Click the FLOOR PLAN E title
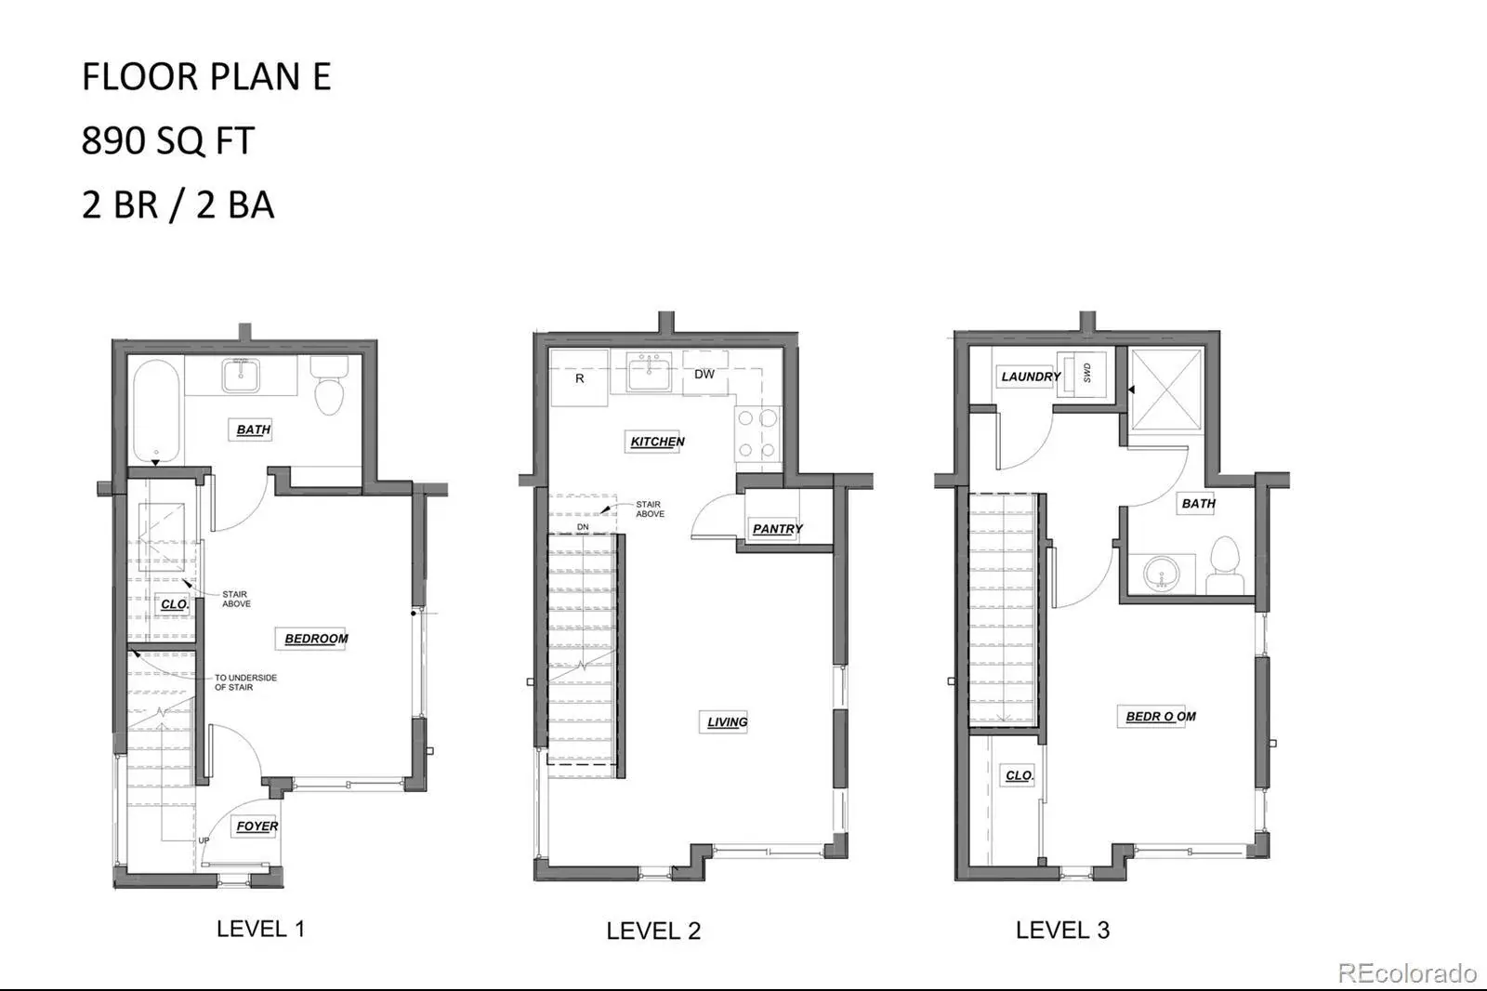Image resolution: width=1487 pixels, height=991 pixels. tap(206, 76)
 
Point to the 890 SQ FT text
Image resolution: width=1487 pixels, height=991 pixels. tap(168, 140)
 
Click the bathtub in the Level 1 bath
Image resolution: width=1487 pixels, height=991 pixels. tap(157, 411)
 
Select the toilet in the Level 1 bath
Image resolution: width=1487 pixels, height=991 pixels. tap(329, 385)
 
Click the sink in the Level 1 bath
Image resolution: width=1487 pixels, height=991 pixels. tap(241, 376)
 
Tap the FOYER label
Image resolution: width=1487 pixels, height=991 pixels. tap(257, 826)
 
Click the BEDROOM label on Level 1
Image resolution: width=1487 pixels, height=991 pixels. tap(316, 639)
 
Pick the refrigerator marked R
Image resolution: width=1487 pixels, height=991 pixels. tap(580, 378)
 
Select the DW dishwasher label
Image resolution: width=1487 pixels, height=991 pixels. tap(704, 375)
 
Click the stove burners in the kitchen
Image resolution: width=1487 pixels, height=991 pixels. tap(757, 434)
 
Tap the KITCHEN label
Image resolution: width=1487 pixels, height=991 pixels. tap(657, 442)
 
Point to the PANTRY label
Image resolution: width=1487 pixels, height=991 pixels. tap(777, 529)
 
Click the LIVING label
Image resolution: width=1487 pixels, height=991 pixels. tap(727, 722)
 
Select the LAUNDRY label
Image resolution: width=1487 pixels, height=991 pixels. tap(1031, 377)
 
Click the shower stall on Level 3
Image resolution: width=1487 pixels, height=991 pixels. tap(1166, 390)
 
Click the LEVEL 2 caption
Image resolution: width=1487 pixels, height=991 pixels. tap(653, 932)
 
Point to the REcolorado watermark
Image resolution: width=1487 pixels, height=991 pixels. tap(1407, 973)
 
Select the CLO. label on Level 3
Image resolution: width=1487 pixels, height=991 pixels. tap(1019, 775)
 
